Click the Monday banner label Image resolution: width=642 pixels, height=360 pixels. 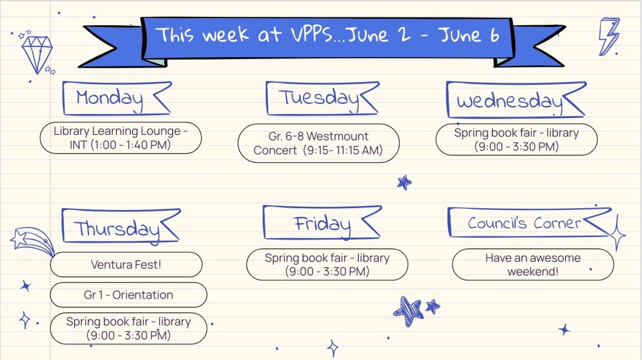(x=109, y=98)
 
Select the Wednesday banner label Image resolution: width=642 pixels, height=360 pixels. (x=510, y=100)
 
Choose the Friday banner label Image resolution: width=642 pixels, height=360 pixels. (x=322, y=223)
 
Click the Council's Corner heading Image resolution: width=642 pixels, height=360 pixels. (x=524, y=223)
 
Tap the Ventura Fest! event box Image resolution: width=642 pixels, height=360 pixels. (x=126, y=265)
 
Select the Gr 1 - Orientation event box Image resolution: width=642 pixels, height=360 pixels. (x=129, y=295)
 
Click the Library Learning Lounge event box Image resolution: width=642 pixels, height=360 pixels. (x=120, y=137)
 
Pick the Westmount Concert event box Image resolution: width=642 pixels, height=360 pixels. (x=318, y=144)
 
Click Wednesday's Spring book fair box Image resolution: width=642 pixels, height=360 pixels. (x=517, y=140)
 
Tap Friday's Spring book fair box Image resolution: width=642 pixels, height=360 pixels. (x=327, y=265)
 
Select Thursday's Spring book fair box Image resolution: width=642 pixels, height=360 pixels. (x=129, y=329)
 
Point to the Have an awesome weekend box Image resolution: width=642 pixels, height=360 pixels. (x=533, y=265)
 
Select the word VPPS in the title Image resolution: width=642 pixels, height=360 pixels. (x=311, y=34)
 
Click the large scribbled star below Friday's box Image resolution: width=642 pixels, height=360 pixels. (x=408, y=311)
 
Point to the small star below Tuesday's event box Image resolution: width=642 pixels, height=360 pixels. (x=404, y=183)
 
